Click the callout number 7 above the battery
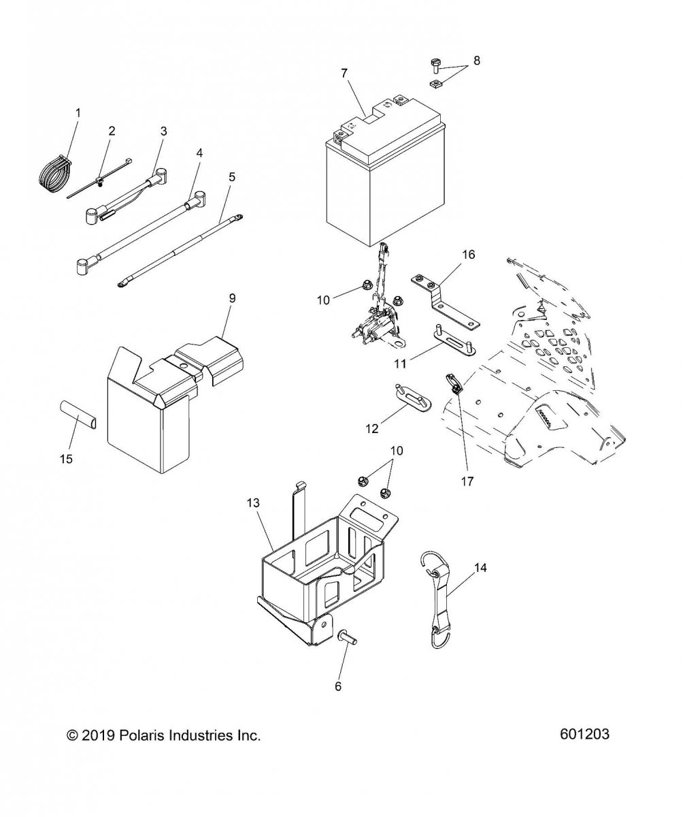click(x=344, y=73)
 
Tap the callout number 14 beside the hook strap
click(x=481, y=567)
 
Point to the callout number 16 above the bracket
click(x=468, y=255)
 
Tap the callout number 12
click(x=372, y=429)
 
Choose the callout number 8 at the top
click(x=476, y=61)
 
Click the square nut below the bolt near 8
click(x=434, y=84)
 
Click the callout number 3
click(x=163, y=131)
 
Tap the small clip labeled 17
click(x=454, y=385)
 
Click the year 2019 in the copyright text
click(x=99, y=735)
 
